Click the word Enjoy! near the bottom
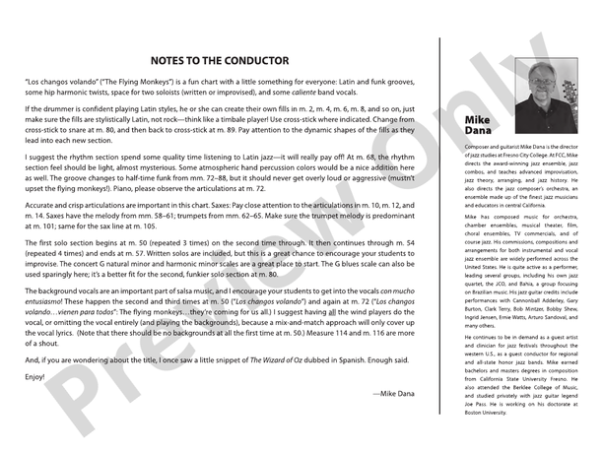point(33,376)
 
